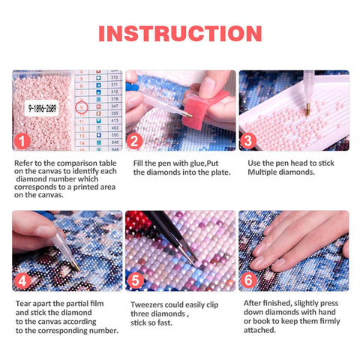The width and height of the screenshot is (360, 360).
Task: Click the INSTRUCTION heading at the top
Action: pyautogui.click(x=180, y=33)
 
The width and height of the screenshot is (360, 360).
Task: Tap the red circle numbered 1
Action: pyautogui.click(x=22, y=141)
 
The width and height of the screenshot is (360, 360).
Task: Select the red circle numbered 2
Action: pyautogui.click(x=136, y=141)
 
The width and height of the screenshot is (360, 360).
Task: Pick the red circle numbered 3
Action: pyautogui.click(x=249, y=141)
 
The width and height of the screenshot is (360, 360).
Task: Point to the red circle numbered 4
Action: pyautogui.click(x=22, y=281)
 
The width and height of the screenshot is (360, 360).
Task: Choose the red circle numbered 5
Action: pyautogui.click(x=136, y=281)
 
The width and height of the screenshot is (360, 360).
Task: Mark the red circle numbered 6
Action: pyautogui.click(x=249, y=281)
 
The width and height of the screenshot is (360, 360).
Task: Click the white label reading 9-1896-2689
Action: pyautogui.click(x=43, y=108)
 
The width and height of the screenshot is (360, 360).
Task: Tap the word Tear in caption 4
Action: pyautogui.click(x=23, y=304)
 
